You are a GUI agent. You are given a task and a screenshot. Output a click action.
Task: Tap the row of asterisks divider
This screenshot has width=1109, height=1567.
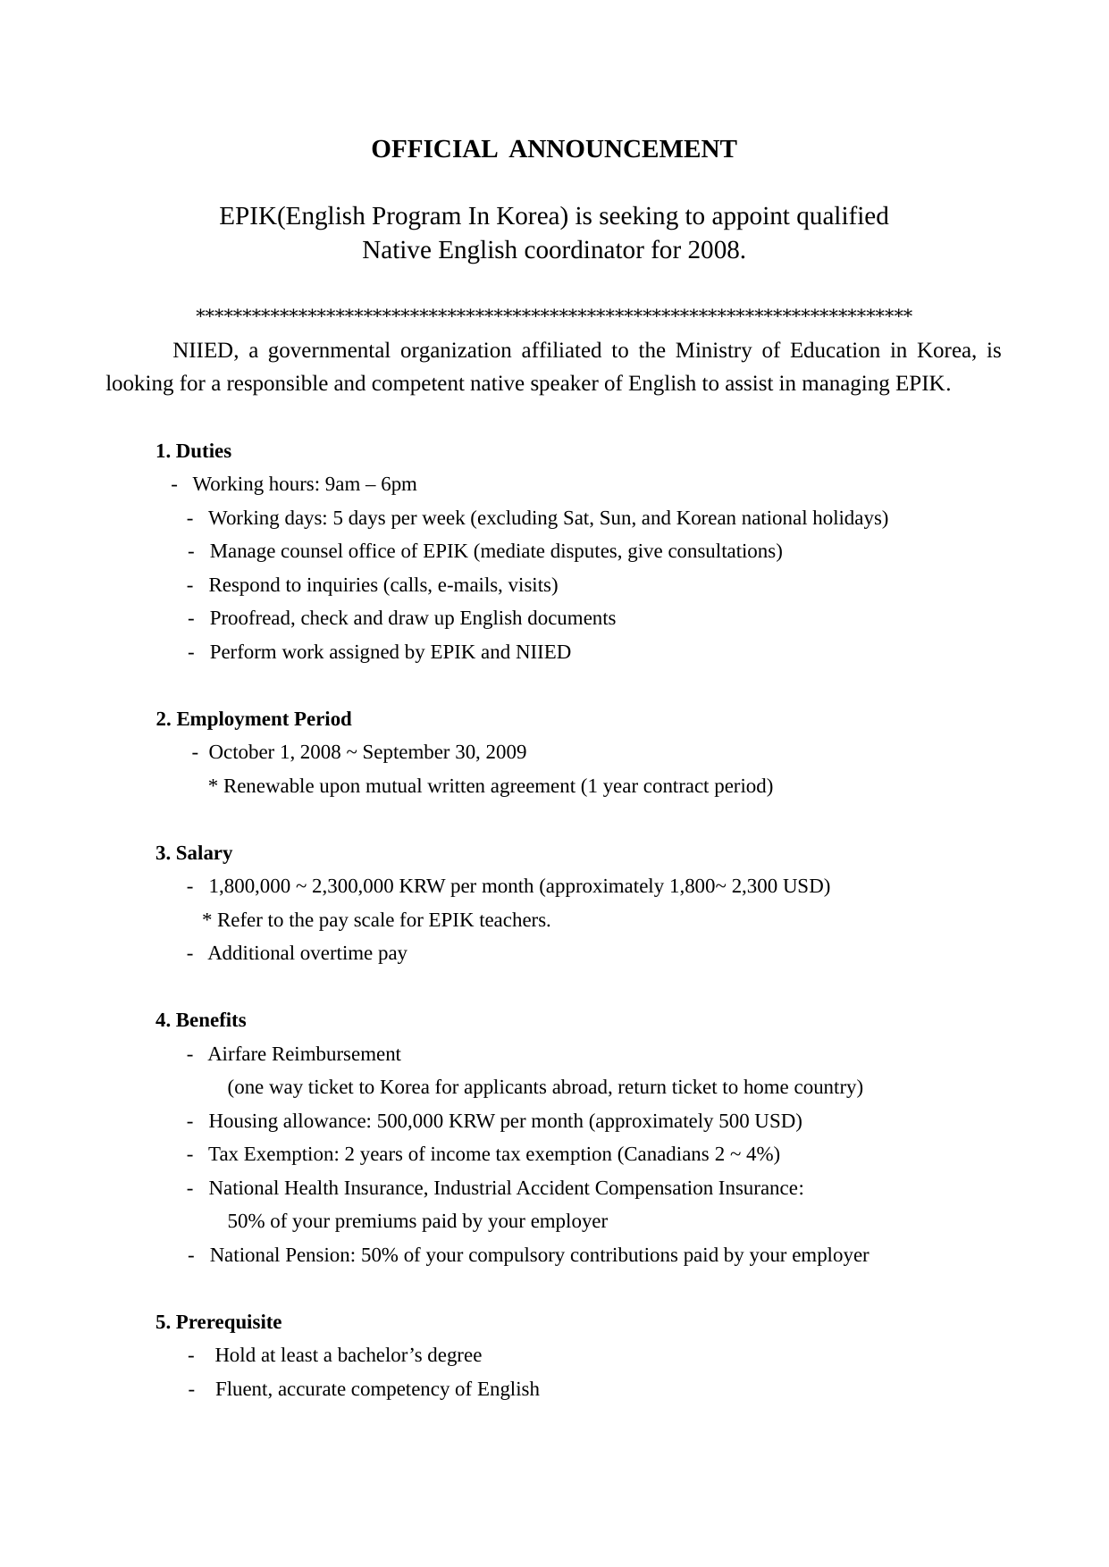click(x=553, y=314)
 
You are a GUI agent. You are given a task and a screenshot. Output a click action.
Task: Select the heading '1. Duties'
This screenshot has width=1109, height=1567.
click(x=193, y=451)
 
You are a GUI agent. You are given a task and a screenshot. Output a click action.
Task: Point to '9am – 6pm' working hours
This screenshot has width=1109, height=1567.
click(x=371, y=484)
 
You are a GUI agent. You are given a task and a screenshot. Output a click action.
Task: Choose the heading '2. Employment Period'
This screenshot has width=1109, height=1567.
click(x=254, y=719)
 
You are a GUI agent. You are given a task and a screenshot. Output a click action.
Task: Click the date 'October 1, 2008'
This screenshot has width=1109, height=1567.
click(x=274, y=752)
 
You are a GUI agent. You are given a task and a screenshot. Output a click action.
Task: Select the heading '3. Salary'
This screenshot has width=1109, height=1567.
click(x=194, y=853)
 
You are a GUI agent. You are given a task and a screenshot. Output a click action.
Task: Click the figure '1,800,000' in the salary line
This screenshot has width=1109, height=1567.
click(x=249, y=886)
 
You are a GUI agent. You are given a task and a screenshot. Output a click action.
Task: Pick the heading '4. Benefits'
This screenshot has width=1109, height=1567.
click(x=201, y=1020)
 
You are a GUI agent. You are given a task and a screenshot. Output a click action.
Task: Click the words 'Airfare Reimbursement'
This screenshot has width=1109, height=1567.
click(x=304, y=1054)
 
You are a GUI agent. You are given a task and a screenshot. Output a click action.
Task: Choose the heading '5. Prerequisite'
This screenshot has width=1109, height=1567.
click(x=218, y=1322)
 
